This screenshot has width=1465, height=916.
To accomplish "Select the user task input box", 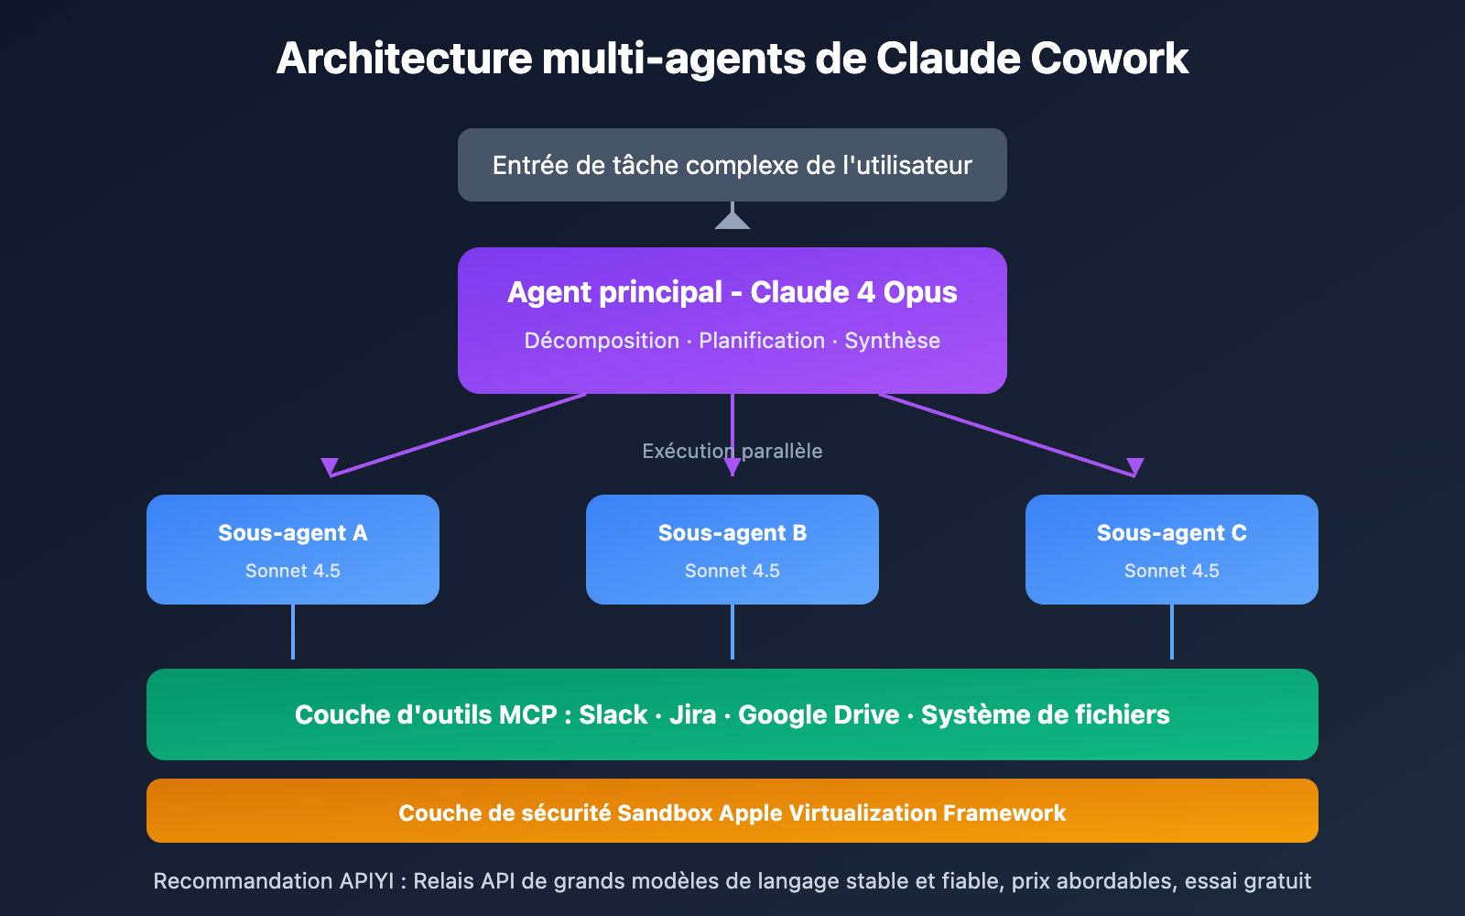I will pyautogui.click(x=732, y=165).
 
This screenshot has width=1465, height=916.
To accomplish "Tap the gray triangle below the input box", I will pyautogui.click(x=732, y=221).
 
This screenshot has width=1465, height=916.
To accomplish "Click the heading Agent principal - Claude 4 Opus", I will pyautogui.click(x=732, y=292).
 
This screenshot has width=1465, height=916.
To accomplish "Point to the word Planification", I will pyautogui.click(x=762, y=341).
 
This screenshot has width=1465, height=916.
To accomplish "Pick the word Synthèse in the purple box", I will pyautogui.click(x=892, y=341).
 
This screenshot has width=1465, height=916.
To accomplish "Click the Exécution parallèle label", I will pyautogui.click(x=732, y=451).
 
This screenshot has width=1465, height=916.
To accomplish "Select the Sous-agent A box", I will pyautogui.click(x=293, y=550).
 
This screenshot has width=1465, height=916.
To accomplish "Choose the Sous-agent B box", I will pyautogui.click(x=732, y=550).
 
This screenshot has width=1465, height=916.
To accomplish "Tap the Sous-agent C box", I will pyautogui.click(x=1172, y=550).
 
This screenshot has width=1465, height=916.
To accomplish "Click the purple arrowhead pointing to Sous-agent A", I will pyautogui.click(x=330, y=466).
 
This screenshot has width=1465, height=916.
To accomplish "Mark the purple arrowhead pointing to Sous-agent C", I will pyautogui.click(x=1135, y=466).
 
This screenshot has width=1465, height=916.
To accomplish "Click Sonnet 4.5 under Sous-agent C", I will pyautogui.click(x=1172, y=571).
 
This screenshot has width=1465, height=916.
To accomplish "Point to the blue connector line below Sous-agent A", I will pyautogui.click(x=293, y=632).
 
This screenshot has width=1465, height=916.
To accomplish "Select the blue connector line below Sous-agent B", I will pyautogui.click(x=732, y=632).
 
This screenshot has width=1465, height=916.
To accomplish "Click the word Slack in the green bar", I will pyautogui.click(x=613, y=714).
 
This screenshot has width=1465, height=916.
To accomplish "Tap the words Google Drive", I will pyautogui.click(x=819, y=714).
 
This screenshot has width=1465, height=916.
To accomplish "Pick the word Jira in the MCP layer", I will pyautogui.click(x=692, y=714).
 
